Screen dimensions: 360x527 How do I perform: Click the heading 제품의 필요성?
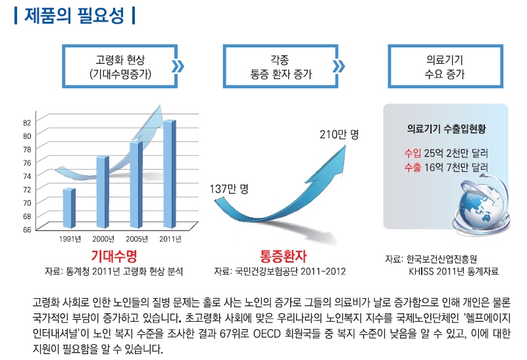click(74, 16)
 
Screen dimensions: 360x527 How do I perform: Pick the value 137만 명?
click(228, 189)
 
